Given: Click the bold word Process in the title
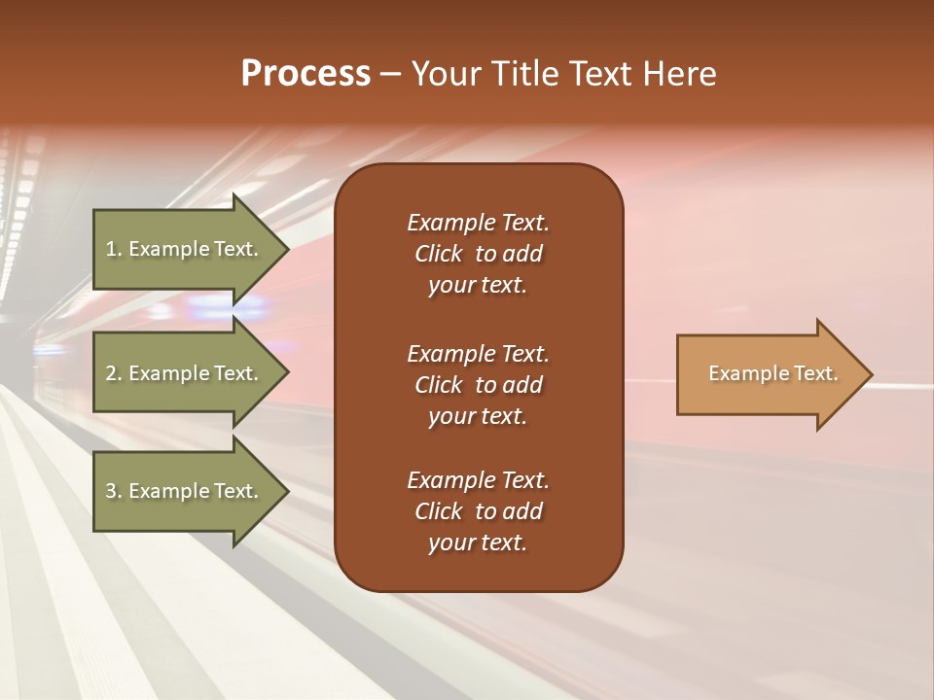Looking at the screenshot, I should (x=305, y=74).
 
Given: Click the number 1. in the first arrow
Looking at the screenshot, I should (x=114, y=249).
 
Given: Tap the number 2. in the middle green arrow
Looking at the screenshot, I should (x=114, y=373).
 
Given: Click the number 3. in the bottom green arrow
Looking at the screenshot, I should (x=114, y=491).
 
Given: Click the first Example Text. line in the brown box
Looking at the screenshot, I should (x=478, y=223).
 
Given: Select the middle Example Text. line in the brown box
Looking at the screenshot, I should (x=478, y=353).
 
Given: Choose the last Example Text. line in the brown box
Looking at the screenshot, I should (x=478, y=480).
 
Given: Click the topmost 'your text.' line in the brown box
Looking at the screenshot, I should (x=478, y=286).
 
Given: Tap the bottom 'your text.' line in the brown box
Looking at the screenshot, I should (x=478, y=543).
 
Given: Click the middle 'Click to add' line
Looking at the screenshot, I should (x=478, y=385).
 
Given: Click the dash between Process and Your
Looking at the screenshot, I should (x=391, y=74).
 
